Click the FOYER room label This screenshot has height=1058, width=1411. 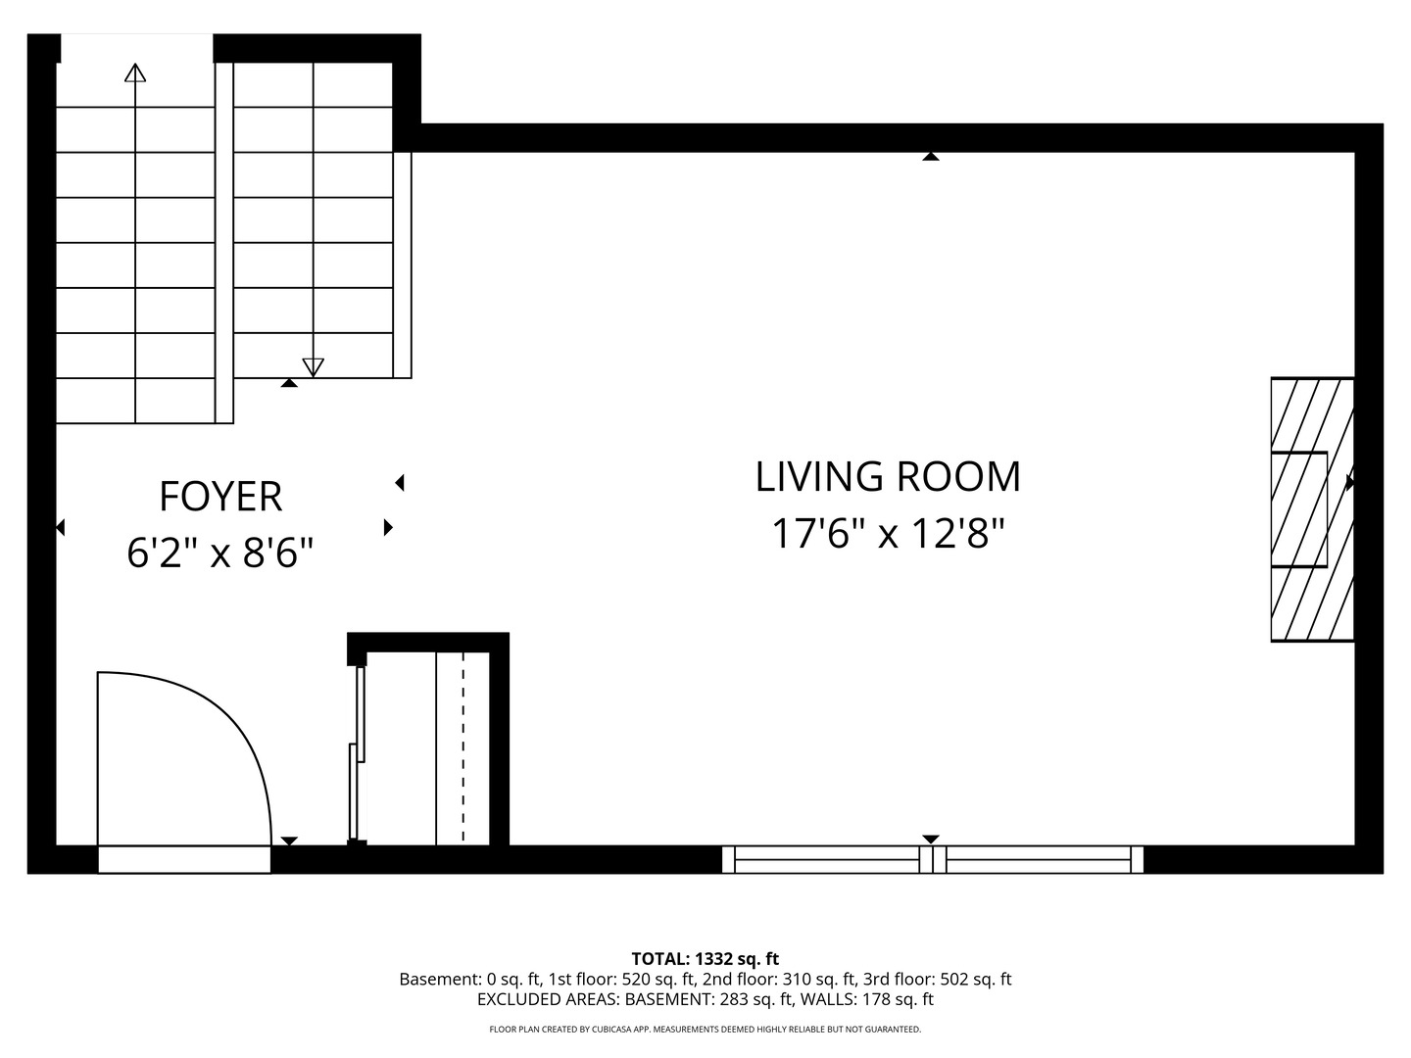[x=220, y=497]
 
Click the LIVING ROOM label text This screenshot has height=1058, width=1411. [x=888, y=477]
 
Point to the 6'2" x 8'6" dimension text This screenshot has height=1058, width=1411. [x=219, y=553]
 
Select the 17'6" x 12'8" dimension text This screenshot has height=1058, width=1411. [x=888, y=533]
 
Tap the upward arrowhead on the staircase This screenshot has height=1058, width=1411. [x=135, y=72]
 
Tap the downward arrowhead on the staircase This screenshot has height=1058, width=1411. [x=313, y=367]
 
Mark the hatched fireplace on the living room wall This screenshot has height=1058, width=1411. [x=1313, y=509]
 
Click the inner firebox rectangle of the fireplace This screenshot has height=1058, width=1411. [x=1299, y=510]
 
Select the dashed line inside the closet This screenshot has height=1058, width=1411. [x=463, y=747]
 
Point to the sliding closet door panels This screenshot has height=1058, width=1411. [x=358, y=753]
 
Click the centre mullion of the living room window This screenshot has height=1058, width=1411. [x=933, y=859]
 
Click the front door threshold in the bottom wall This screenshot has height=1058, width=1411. [x=184, y=859]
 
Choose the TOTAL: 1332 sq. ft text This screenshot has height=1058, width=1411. [x=705, y=959]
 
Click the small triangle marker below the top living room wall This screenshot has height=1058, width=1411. [x=930, y=156]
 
